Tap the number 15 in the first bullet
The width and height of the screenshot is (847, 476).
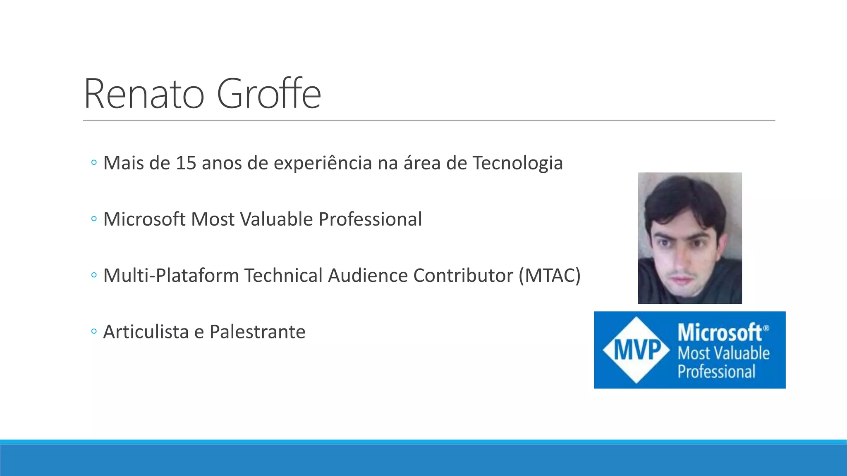pyautogui.click(x=186, y=163)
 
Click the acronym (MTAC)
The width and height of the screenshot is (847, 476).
pyautogui.click(x=550, y=276)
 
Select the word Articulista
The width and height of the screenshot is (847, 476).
pyautogui.click(x=146, y=332)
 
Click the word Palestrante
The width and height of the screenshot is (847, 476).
pyautogui.click(x=257, y=332)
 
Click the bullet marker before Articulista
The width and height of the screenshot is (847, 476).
pyautogui.click(x=94, y=331)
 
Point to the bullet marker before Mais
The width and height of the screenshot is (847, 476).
pyautogui.click(x=94, y=163)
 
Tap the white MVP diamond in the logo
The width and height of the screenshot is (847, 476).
pyautogui.click(x=636, y=350)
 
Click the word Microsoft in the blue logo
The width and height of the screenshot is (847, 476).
pyautogui.click(x=720, y=333)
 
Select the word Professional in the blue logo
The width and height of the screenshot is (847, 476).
pyautogui.click(x=716, y=371)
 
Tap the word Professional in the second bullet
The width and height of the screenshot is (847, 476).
pyautogui.click(x=370, y=219)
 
